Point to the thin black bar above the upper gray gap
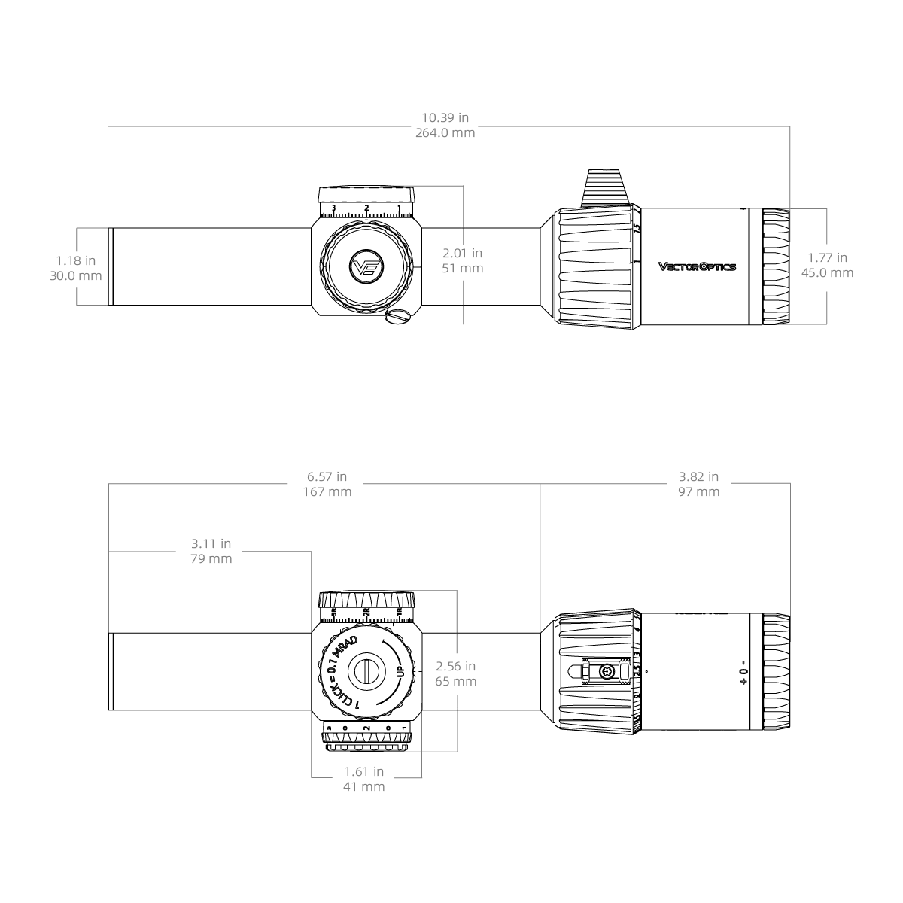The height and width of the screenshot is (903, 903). point(500,224)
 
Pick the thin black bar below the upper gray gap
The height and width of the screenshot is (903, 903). point(500,306)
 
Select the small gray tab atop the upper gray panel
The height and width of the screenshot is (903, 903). point(442,112)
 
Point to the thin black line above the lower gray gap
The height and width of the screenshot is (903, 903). point(493,637)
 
